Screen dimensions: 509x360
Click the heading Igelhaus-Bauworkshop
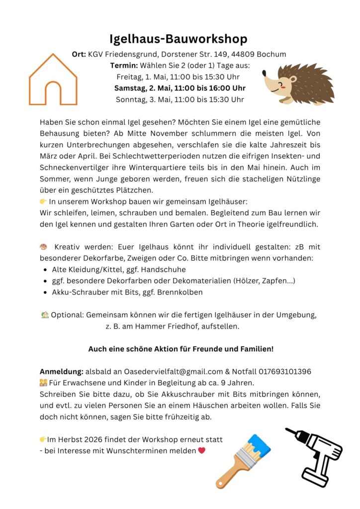pos(179,39)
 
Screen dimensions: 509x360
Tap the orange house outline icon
pos(53,80)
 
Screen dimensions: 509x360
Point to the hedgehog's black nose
pos(264,76)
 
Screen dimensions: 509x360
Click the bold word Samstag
pos(131,88)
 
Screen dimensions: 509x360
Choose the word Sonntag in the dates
pos(131,99)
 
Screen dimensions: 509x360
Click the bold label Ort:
pos(79,54)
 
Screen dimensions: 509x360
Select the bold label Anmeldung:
pos(61,372)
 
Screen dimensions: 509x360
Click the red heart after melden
pos(201,451)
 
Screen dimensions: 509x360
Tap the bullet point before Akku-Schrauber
pos(45,292)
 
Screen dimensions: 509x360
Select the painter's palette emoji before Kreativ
pos(43,247)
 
